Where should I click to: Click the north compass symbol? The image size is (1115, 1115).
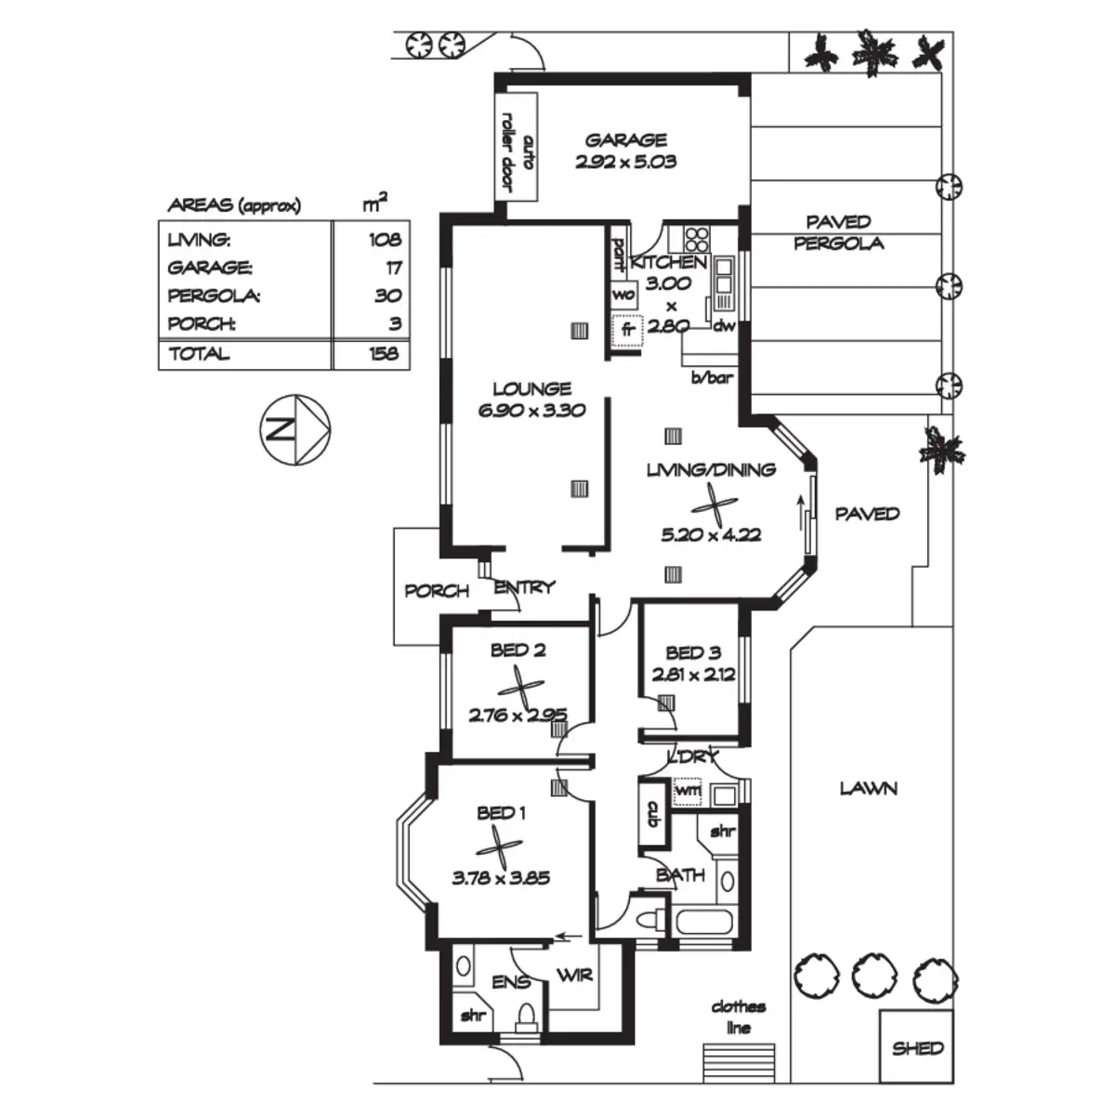(295, 430)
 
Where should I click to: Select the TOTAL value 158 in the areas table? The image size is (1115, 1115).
(384, 353)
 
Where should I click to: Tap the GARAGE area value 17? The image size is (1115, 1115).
(393, 268)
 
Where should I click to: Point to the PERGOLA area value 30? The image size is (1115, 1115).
(387, 295)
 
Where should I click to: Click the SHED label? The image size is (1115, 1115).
(918, 1047)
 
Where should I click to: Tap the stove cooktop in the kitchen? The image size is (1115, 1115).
(697, 239)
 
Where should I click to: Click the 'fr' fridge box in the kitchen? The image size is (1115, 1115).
(627, 331)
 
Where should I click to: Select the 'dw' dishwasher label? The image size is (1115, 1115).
(724, 326)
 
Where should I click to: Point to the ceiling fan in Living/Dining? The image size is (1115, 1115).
(715, 505)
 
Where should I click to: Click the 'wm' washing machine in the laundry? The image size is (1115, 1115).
(688, 790)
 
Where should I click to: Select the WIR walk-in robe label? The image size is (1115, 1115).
(574, 975)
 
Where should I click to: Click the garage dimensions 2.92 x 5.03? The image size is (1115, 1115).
(625, 162)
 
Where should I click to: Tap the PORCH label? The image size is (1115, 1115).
(437, 591)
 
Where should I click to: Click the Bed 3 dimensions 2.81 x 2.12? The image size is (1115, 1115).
(693, 674)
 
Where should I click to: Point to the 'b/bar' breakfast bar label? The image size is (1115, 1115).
(713, 378)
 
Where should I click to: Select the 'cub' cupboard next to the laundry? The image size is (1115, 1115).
(652, 814)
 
